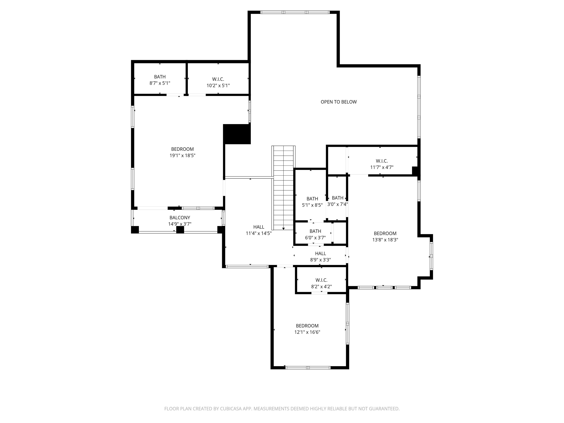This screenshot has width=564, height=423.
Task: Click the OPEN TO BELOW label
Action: point(339,102)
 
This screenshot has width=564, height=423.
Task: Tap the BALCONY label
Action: point(180,218)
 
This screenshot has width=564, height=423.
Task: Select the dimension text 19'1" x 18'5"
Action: point(182,156)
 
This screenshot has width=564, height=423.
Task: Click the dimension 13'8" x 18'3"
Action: point(385,240)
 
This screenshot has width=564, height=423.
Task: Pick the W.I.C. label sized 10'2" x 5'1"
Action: point(218,79)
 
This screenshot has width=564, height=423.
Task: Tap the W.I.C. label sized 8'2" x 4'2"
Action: point(321,280)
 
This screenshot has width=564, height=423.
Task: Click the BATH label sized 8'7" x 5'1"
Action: point(160,77)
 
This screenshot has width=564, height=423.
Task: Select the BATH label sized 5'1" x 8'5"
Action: point(312,199)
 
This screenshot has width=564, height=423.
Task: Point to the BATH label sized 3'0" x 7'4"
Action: point(338,198)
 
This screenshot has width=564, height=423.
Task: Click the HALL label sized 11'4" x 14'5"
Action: point(259,227)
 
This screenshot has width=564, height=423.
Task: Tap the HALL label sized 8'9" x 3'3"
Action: point(321,253)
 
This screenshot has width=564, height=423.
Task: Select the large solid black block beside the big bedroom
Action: point(237,134)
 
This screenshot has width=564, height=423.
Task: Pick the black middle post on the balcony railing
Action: point(180,230)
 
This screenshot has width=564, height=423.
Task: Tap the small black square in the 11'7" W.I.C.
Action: point(415,171)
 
